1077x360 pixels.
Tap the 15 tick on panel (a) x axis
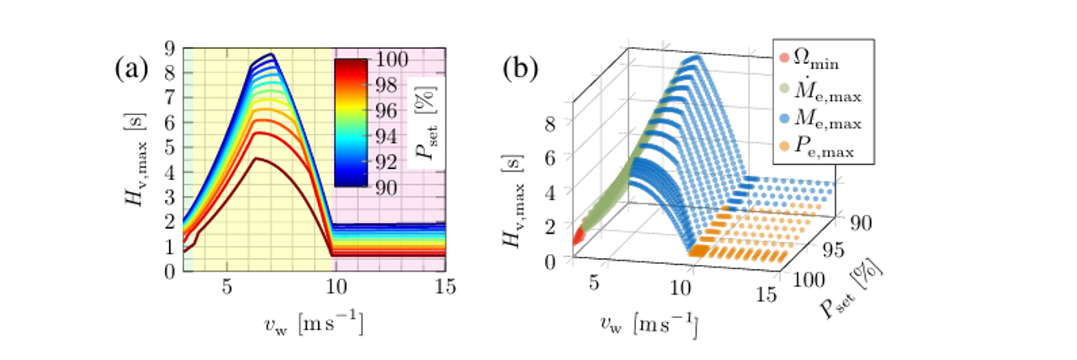(x=445, y=287)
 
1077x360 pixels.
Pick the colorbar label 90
(x=390, y=187)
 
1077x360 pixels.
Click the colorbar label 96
(x=390, y=110)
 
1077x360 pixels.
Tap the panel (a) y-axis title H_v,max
(x=135, y=160)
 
